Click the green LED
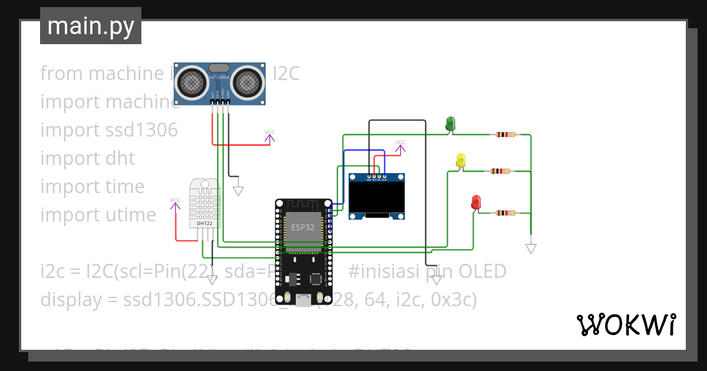[x=450, y=123]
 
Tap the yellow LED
[x=461, y=160]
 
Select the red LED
[x=476, y=203]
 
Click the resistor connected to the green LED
[x=506, y=134]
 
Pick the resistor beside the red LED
[x=506, y=213]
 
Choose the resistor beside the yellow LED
[x=500, y=171]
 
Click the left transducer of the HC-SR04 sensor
[x=192, y=82]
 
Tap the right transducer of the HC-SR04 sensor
[x=247, y=82]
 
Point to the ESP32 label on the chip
[x=303, y=227]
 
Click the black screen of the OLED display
[x=377, y=197]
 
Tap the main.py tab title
[x=91, y=26]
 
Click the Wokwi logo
[x=625, y=324]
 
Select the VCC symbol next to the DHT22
[x=176, y=203]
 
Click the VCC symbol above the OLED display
[x=400, y=145]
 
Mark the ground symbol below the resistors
[x=531, y=249]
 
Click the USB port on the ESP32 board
[x=303, y=301]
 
